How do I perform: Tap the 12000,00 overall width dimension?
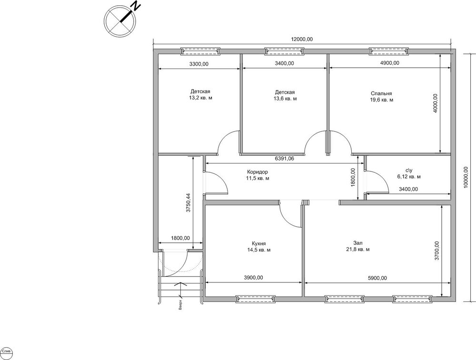(302, 39)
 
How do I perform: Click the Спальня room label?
(381, 93)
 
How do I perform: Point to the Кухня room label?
(258, 244)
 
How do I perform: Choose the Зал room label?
(357, 243)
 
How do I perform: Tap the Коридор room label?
(258, 171)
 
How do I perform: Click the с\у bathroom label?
(408, 170)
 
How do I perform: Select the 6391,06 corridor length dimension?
(285, 158)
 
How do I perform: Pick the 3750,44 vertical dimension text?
(188, 203)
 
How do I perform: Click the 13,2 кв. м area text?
(200, 98)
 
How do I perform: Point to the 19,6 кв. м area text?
(381, 100)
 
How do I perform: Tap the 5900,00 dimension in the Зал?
(377, 278)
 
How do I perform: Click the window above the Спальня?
(388, 51)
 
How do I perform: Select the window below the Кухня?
(256, 299)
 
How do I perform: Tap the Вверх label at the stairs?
(180, 304)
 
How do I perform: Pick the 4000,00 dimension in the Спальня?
(436, 103)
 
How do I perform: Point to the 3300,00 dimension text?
(199, 64)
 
